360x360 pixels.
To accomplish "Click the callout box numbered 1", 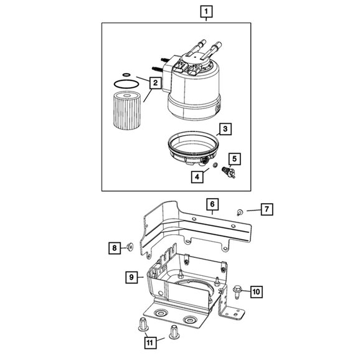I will (x=206, y=11).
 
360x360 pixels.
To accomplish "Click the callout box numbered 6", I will (x=212, y=204).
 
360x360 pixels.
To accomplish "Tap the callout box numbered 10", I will (x=257, y=290).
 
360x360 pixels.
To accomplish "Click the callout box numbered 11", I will (x=149, y=341).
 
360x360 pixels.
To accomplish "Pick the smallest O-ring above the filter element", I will (x=126, y=76).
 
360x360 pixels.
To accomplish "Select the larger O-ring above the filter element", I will (x=126, y=83).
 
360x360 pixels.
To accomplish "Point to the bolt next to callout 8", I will (x=130, y=247).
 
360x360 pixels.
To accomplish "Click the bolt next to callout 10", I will (x=239, y=291).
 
